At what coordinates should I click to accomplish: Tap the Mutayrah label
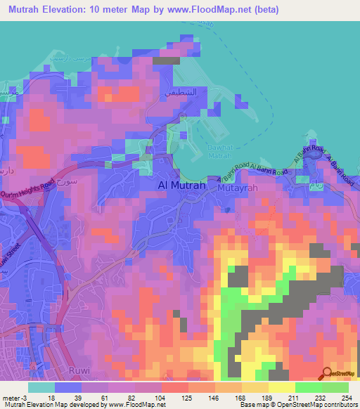[239, 188]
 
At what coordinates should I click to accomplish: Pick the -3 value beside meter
[25, 398]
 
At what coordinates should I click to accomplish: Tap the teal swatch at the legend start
[41, 387]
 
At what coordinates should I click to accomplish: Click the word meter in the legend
[11, 398]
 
